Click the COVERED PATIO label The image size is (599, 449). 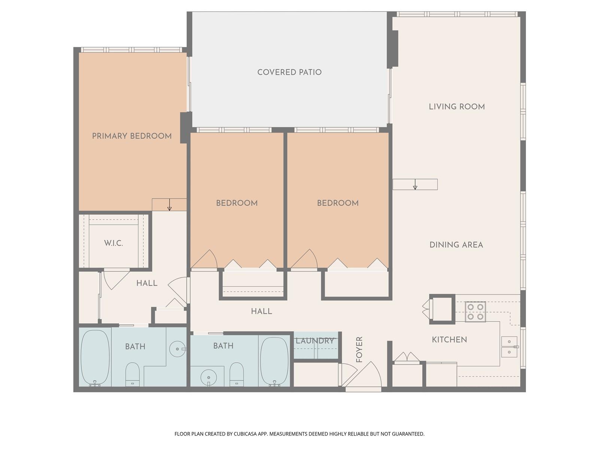289,72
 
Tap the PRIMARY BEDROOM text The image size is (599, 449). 132,136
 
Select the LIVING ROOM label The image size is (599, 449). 457,107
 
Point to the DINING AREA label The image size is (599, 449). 456,245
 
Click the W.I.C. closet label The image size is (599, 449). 113,243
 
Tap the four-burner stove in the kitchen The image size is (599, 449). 475,312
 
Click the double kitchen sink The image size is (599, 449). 509,347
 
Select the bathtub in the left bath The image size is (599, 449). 95,357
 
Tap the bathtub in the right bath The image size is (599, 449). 274,361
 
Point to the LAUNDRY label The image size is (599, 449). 314,341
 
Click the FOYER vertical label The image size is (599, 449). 359,349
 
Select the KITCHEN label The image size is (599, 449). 449,340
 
